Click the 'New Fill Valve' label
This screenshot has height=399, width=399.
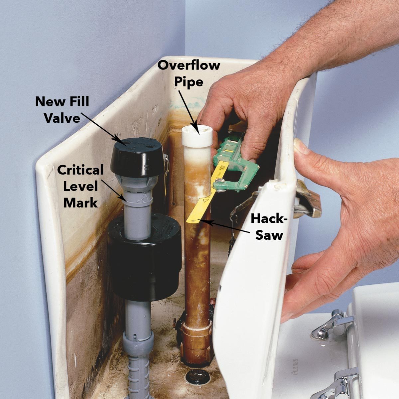pos(62,109)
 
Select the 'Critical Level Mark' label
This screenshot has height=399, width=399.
pos(80,186)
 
